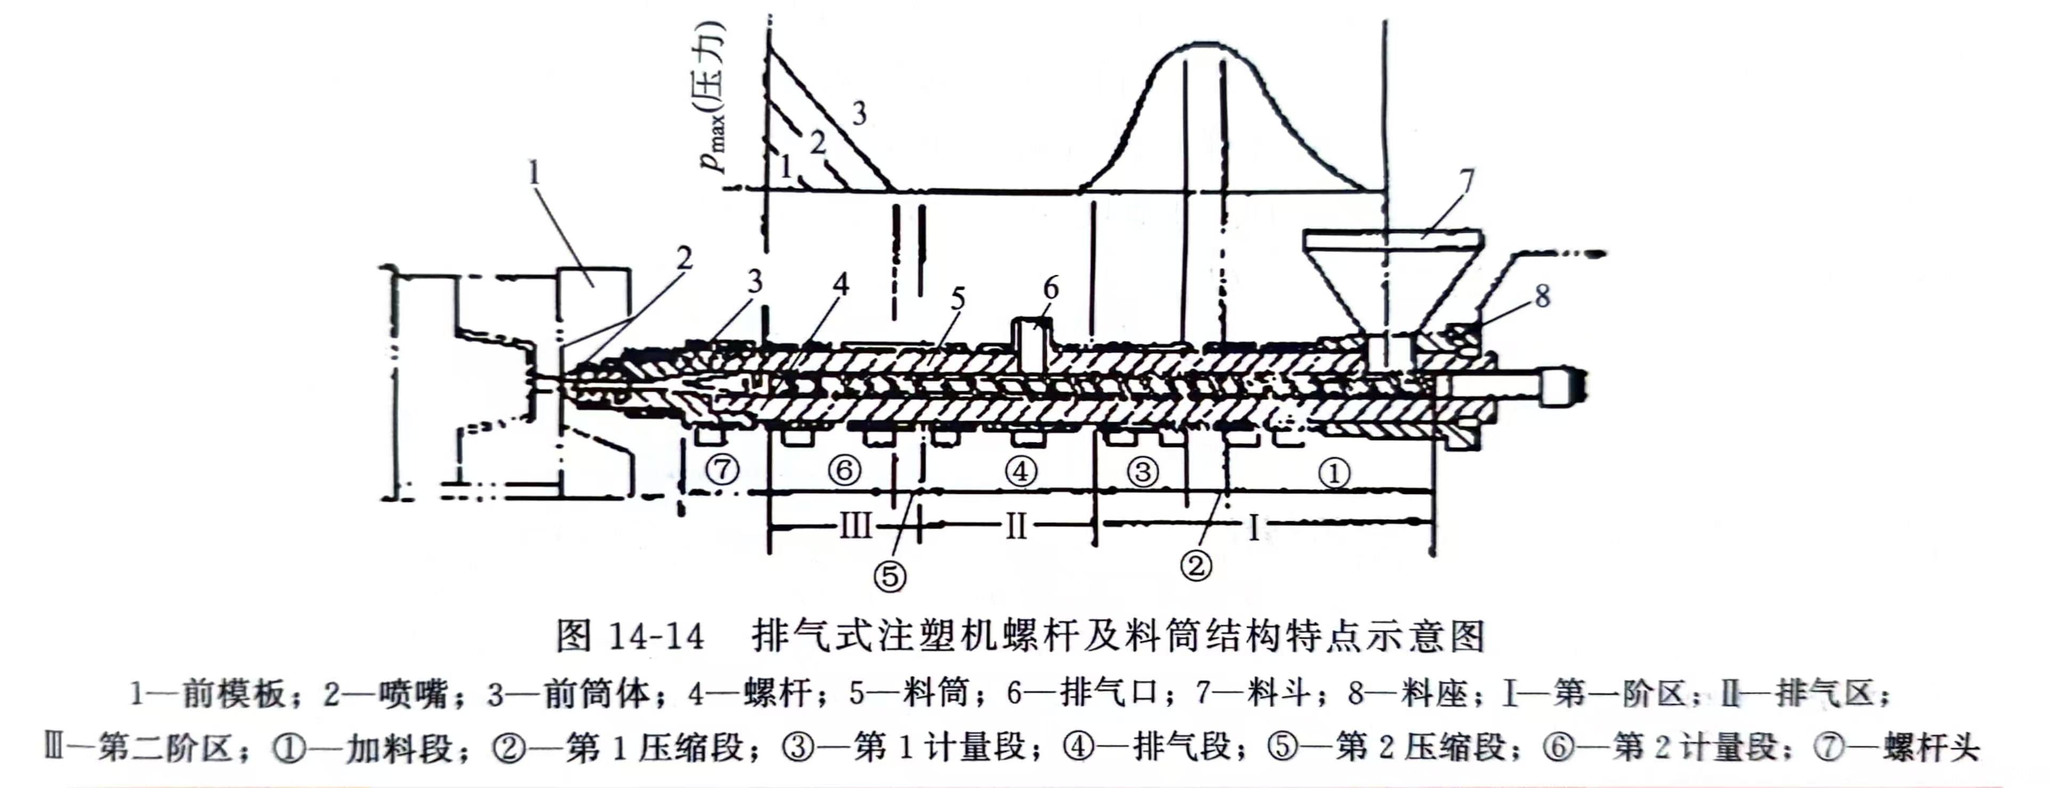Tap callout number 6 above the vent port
coord(1051,289)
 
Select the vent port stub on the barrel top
coord(1031,342)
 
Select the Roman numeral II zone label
coord(1016,526)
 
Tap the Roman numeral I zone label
coord(1254,527)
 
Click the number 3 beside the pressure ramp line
coord(859,114)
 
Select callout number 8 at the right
coord(1542,297)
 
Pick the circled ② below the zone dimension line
coord(1196,565)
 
